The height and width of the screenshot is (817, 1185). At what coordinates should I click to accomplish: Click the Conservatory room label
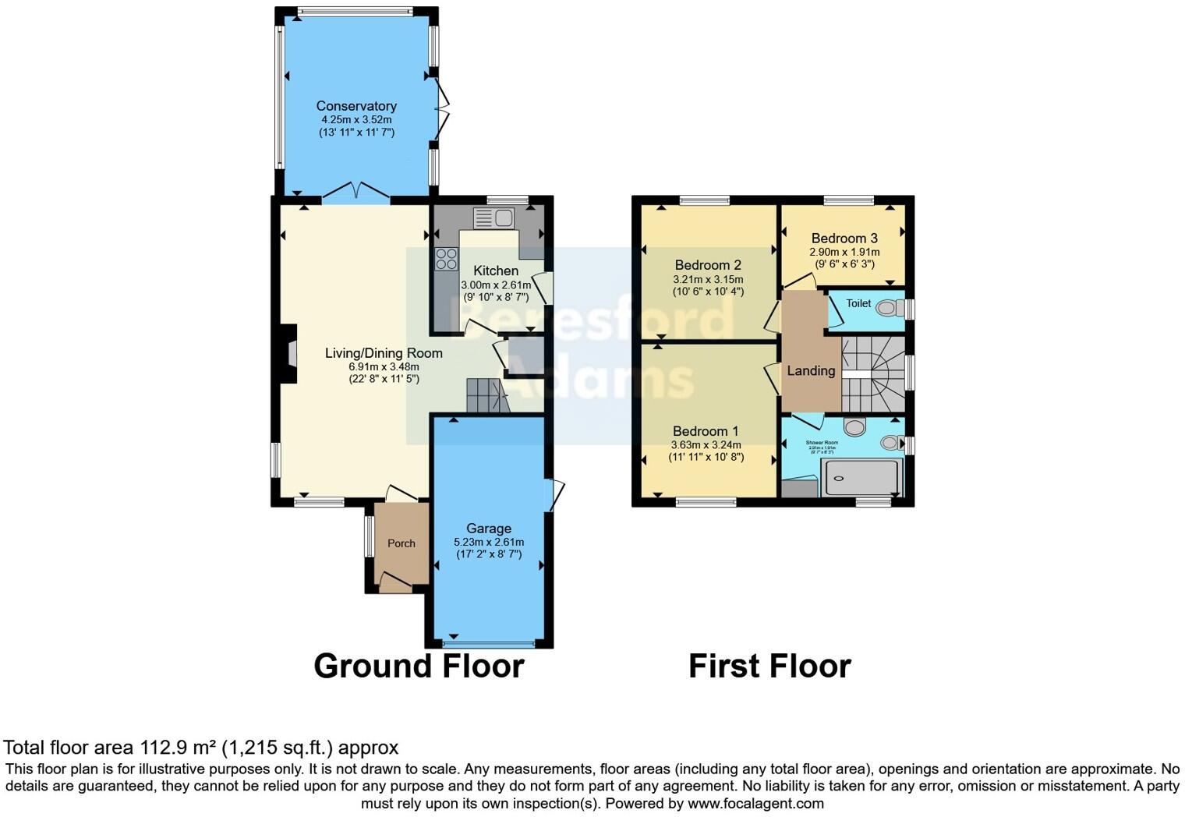tap(356, 106)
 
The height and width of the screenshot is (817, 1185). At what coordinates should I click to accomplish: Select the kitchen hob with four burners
tap(447, 259)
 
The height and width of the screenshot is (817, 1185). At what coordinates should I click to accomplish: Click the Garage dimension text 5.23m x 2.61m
tap(489, 543)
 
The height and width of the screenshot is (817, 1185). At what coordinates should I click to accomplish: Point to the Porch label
tap(401, 543)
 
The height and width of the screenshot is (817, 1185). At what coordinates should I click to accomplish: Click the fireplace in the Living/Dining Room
tap(291, 354)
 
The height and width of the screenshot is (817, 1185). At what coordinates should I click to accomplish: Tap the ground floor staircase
tap(485, 395)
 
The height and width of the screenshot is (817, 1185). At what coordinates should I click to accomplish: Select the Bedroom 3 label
tap(844, 239)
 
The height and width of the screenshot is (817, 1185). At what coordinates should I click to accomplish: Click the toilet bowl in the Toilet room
tap(887, 309)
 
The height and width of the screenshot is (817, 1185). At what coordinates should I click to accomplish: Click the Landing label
tap(811, 371)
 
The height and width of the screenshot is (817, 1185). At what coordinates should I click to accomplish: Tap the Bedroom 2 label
tap(708, 265)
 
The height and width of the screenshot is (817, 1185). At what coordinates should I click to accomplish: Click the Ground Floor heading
tap(419, 667)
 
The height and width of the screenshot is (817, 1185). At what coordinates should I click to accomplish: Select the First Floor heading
tap(769, 667)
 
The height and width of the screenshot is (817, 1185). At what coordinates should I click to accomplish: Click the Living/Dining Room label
tap(384, 353)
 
